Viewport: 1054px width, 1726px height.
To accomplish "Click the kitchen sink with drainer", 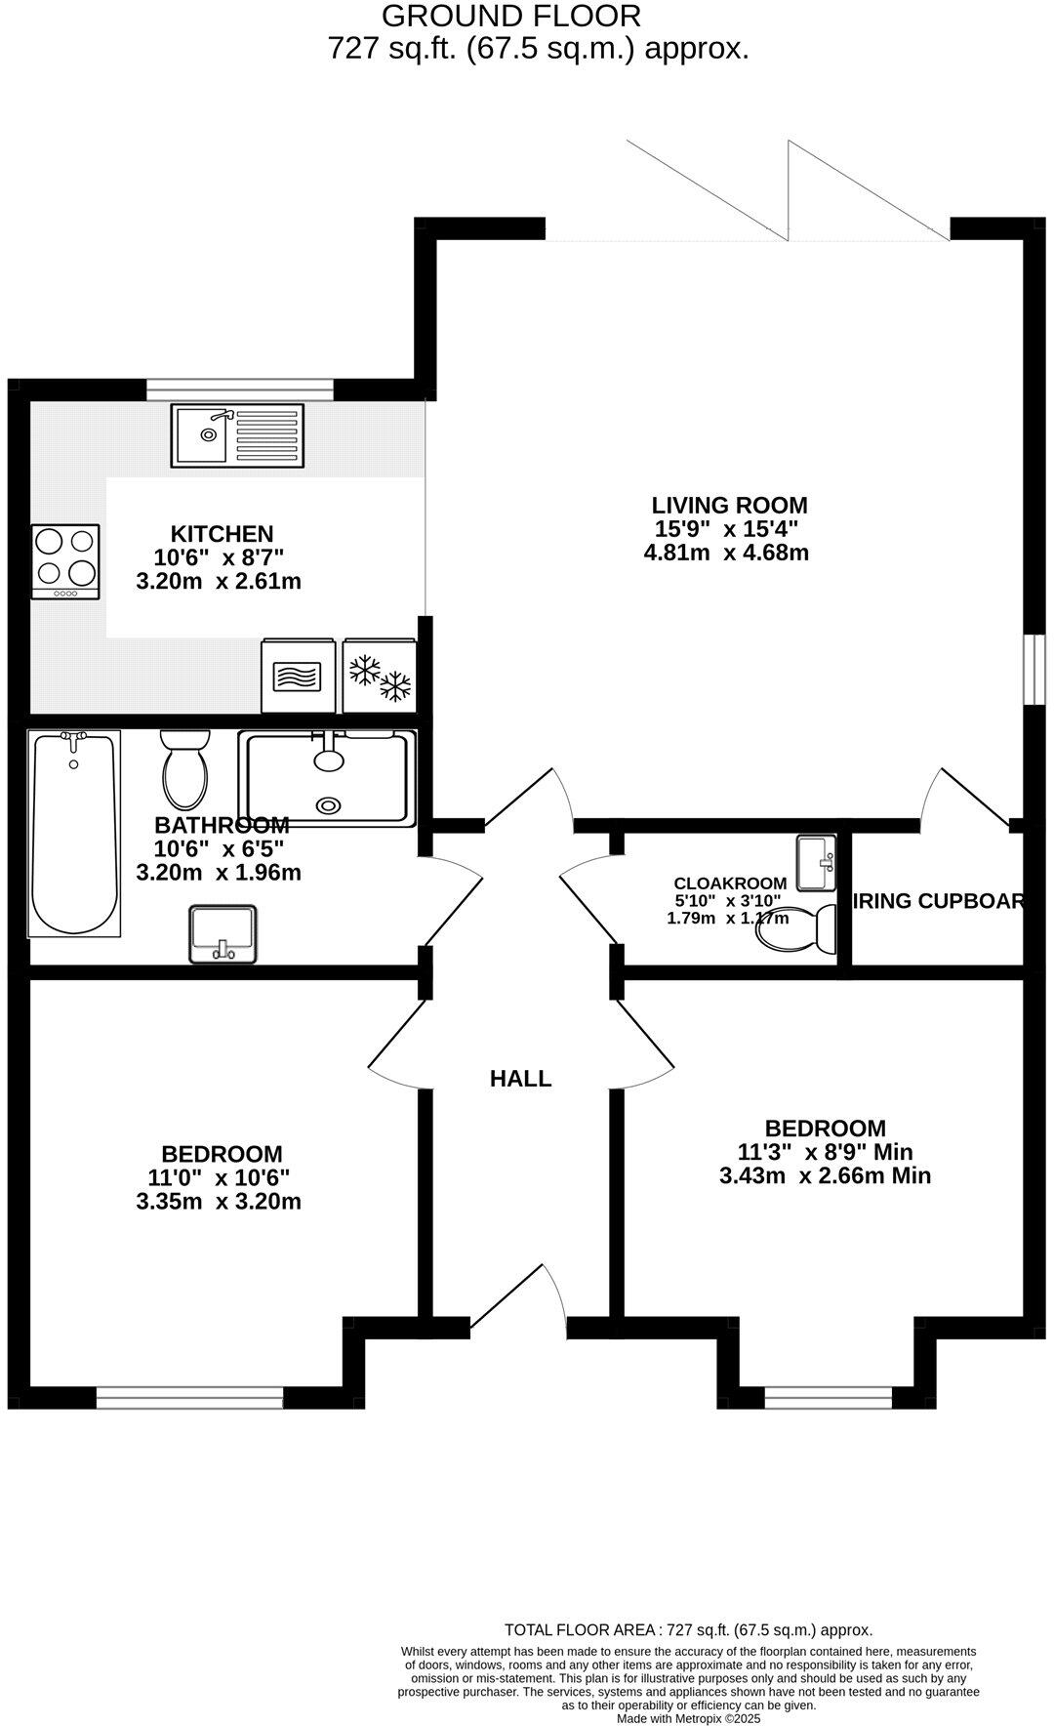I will coord(238,434).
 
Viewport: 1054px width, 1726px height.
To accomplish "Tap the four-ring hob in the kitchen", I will coord(66,561).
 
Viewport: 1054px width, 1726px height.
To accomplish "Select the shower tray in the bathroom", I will coord(327,778).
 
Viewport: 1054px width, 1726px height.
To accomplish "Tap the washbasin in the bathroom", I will coord(223,934).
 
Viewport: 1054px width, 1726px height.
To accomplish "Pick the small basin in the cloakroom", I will coord(816,863).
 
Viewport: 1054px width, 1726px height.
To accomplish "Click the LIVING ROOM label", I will coord(729,506).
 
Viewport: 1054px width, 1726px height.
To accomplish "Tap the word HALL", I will coord(520,1079).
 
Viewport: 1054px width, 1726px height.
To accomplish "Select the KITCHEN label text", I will coord(222,534).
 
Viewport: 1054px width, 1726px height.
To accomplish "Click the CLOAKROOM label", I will coord(730,884).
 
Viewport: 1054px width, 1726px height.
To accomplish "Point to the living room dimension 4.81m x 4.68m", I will coord(726,553).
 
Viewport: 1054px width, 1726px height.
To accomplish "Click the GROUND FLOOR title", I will coord(511,16).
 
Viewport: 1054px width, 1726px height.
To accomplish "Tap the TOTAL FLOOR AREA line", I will coord(688,1629).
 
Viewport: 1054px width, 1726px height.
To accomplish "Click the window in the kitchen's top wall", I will coord(239,390).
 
